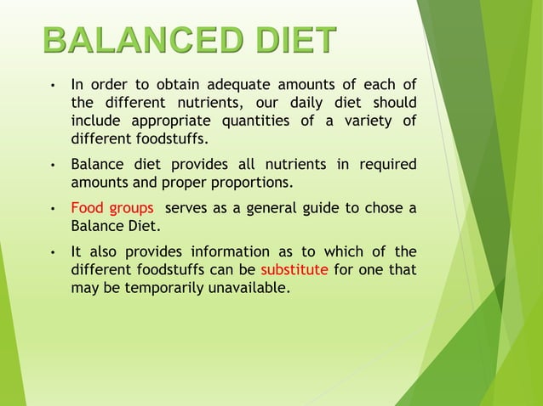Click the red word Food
tap(87, 208)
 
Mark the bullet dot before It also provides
tap(53, 252)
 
